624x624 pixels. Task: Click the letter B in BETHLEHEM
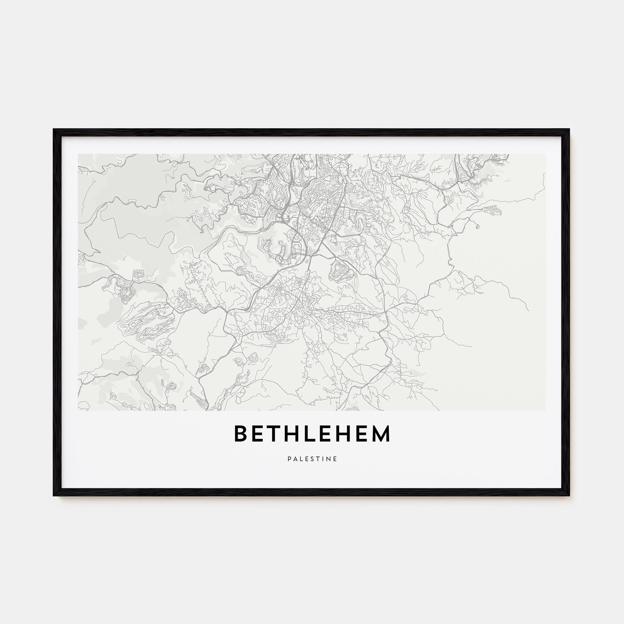[241, 433]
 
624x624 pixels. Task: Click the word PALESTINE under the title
[312, 459]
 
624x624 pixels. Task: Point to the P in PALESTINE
[290, 459]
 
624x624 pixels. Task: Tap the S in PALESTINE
[312, 459]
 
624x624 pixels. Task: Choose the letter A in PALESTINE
[295, 459]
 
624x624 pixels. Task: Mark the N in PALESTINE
[329, 459]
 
